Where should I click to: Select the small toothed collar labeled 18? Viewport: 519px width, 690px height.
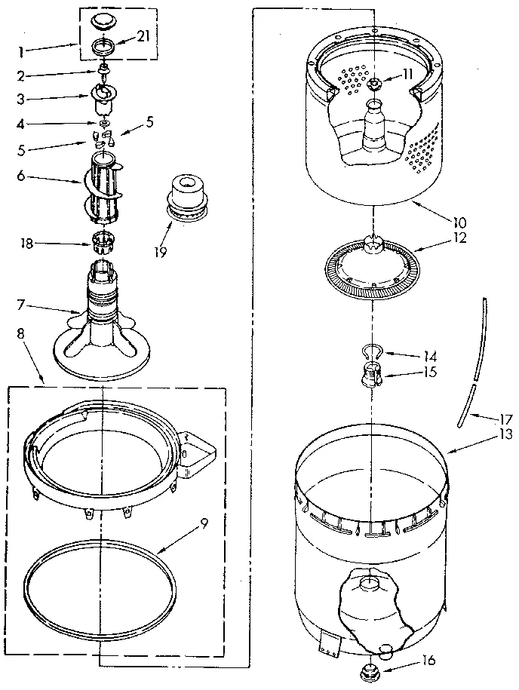tap(103, 242)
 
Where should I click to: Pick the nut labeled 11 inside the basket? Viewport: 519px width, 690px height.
tap(376, 81)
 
